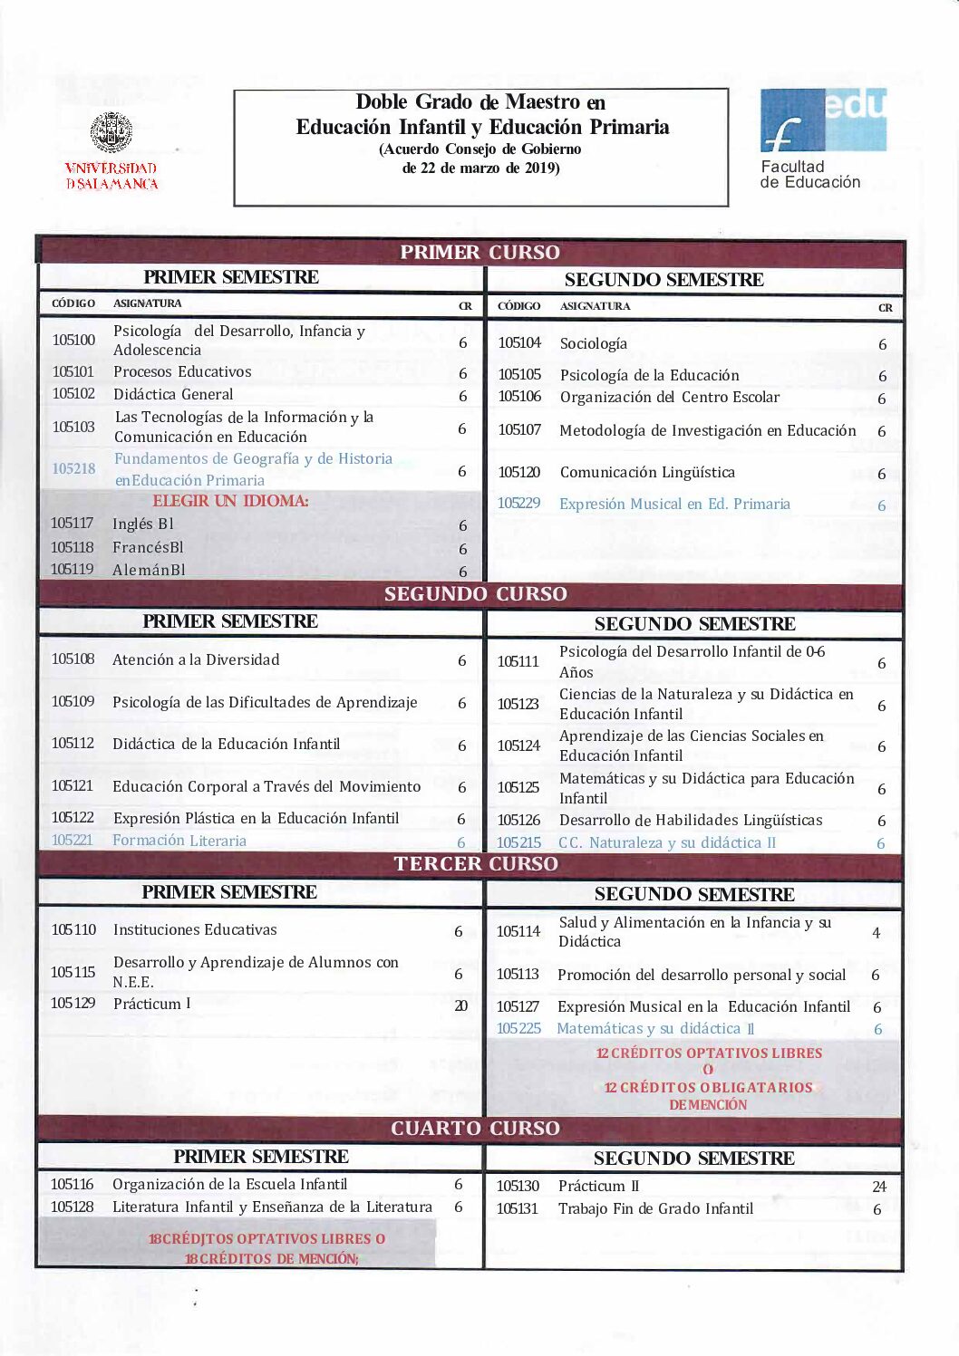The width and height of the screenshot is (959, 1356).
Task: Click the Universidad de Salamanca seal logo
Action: [111, 133]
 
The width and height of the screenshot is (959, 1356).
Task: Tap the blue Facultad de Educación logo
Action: [822, 120]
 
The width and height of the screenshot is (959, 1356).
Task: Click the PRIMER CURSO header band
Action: [479, 252]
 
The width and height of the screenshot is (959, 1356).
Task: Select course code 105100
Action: [73, 340]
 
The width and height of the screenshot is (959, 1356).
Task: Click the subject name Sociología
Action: [593, 343]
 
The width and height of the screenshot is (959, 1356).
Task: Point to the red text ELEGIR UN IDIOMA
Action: [230, 501]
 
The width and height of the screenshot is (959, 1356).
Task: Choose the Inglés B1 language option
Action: [142, 524]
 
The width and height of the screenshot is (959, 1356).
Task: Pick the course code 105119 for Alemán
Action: [73, 570]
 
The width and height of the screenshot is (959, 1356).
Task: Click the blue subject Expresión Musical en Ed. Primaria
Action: [674, 504]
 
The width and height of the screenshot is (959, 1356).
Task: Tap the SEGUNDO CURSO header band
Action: [475, 594]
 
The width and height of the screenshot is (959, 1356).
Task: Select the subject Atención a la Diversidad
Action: [196, 659]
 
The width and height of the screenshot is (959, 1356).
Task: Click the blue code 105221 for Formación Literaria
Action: [73, 841]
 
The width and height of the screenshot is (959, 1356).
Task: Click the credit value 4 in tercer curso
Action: [876, 932]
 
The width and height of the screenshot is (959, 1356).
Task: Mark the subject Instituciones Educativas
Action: [195, 929]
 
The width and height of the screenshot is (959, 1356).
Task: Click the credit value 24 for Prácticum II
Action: [878, 1187]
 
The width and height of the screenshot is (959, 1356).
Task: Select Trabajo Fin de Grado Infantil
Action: [655, 1208]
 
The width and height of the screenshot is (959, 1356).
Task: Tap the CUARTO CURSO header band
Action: [475, 1129]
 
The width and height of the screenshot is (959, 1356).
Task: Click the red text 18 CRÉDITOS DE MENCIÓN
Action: [271, 1258]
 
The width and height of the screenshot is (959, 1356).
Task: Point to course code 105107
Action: [519, 429]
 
